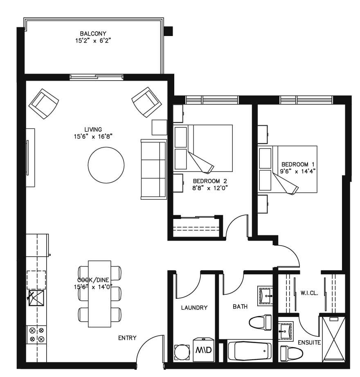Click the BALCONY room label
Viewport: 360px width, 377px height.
pos(93,34)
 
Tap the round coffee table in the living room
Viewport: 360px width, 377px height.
pos(106,165)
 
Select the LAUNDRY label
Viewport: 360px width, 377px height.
pos(194,307)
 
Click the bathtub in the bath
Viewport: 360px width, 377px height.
pos(249,351)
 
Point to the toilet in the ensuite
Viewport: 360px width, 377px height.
pos(292,352)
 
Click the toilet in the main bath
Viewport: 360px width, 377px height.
pos(261,322)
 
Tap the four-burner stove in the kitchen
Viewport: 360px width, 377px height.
pos(36,335)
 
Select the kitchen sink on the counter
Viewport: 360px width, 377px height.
pos(36,298)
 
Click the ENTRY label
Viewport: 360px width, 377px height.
pos(127,338)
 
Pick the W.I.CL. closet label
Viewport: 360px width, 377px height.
pos(309,293)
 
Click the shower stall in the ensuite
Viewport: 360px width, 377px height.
pos(334,339)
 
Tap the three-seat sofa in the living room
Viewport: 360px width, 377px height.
pos(154,169)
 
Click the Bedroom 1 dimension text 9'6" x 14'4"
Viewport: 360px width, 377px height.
pos(297,172)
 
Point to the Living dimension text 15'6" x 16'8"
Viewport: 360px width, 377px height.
pos(93,137)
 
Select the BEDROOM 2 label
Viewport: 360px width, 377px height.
pos(209,181)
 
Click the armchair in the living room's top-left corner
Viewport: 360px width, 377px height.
pos(44,103)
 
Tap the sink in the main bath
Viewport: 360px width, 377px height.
pos(265,296)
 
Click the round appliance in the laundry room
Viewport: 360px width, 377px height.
pos(182,352)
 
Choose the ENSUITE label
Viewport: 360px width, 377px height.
pos(309,342)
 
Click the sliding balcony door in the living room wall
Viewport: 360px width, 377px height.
pos(97,77)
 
